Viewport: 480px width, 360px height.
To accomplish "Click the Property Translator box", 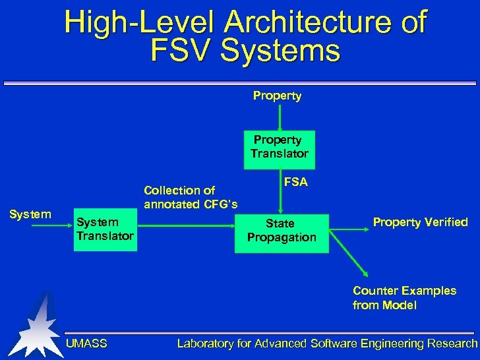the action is [280, 150].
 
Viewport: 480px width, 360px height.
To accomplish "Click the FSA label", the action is [295, 182].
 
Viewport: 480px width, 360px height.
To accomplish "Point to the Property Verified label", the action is [420, 222].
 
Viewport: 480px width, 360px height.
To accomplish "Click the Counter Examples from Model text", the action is [404, 298].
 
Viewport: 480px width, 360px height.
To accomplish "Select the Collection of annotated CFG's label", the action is [191, 197].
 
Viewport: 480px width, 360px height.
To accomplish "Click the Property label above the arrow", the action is [277, 96].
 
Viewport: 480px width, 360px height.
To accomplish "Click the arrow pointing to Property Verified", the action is [349, 230].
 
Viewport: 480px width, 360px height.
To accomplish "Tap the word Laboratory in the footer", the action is [205, 343].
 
